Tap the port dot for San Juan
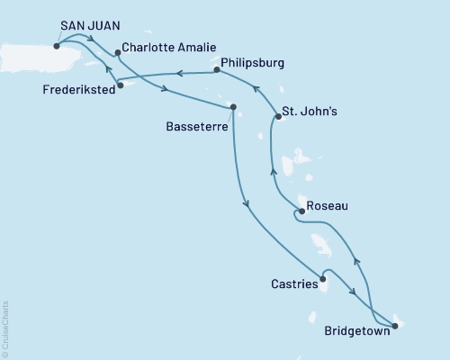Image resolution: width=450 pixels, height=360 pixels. (58, 43)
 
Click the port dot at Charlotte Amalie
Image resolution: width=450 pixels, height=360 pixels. (118, 52)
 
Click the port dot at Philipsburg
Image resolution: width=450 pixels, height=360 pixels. (216, 68)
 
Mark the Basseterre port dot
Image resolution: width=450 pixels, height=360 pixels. (233, 108)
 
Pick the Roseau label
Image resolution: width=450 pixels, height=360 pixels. (326, 205)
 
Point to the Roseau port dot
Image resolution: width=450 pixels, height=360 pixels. (301, 211)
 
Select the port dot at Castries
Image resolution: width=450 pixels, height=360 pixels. (321, 279)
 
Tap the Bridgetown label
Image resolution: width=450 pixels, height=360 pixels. (356, 330)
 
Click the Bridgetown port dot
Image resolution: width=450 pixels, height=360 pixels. (395, 326)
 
